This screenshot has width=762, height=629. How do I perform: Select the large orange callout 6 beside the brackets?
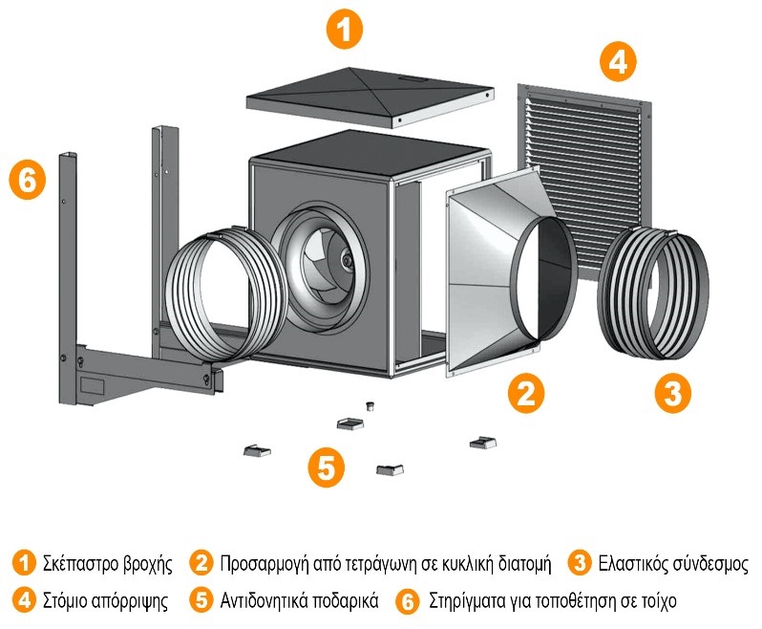(x=28, y=181)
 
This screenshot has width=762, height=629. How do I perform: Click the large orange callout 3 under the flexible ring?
(x=672, y=393)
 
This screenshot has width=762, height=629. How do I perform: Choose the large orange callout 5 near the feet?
(x=327, y=467)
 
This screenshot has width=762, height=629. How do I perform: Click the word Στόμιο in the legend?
(x=66, y=602)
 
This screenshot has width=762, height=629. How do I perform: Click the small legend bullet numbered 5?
(x=201, y=602)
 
